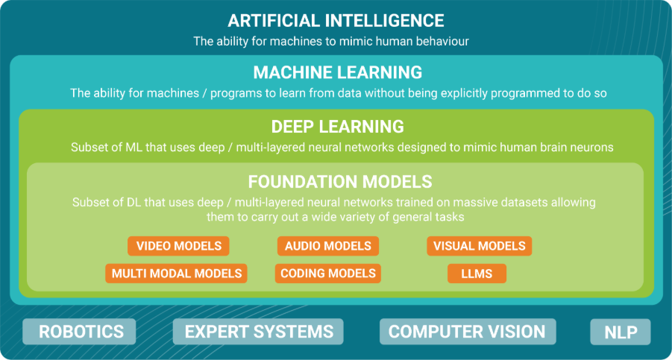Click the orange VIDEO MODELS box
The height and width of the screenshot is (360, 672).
click(178, 246)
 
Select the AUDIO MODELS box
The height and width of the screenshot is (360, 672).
click(328, 246)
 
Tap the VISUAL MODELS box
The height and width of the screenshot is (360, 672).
click(479, 246)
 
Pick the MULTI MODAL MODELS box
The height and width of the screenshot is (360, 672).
click(177, 274)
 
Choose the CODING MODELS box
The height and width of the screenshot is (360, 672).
click(328, 274)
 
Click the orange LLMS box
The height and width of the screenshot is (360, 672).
click(477, 274)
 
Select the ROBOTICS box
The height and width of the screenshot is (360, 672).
click(79, 332)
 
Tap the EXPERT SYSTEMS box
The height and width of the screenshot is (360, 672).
click(258, 332)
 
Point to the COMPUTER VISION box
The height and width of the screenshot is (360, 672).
click(468, 332)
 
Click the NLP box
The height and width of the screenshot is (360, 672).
click(620, 332)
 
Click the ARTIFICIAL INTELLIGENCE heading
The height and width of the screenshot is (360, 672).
click(336, 21)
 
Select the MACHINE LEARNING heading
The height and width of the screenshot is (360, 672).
click(338, 72)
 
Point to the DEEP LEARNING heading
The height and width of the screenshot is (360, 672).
click(338, 127)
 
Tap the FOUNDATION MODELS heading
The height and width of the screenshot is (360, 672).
click(340, 182)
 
